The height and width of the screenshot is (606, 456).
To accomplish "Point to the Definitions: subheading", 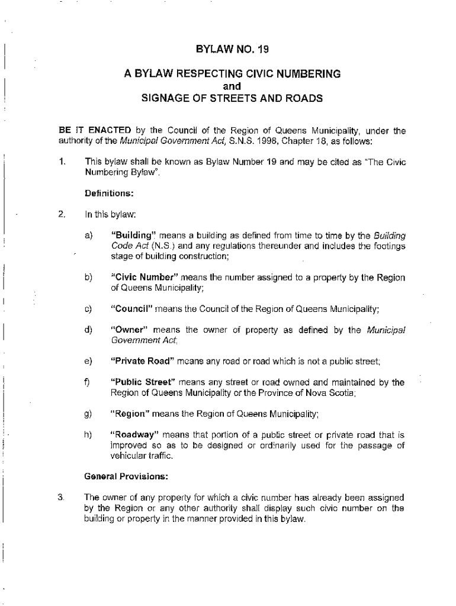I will [109, 193].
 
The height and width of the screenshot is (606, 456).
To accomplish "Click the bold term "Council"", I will [132, 309].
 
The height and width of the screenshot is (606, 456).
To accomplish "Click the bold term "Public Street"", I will [140, 383].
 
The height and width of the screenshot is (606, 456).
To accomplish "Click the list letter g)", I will [89, 414].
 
